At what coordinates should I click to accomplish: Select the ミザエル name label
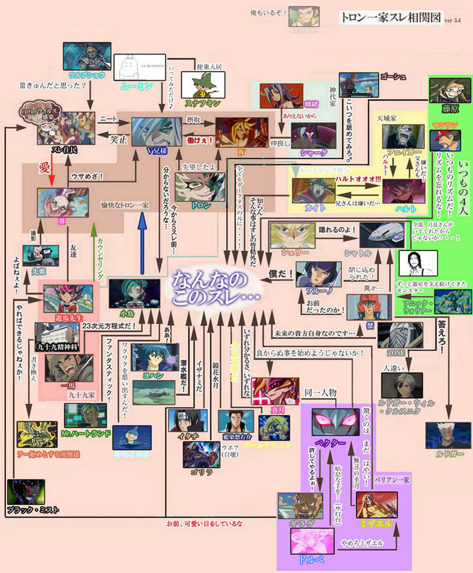(376, 523)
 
